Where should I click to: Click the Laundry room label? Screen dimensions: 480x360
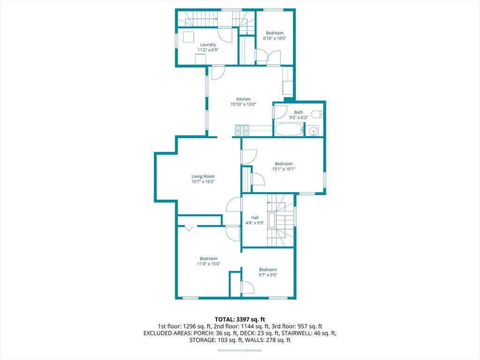coord(208,45)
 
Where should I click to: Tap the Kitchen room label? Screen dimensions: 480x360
coord(243,99)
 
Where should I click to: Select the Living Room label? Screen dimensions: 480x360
coord(203,176)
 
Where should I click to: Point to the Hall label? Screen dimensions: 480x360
coord(255,217)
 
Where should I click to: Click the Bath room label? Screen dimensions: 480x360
coord(299,112)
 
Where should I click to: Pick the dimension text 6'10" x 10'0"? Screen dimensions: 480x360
coord(275,38)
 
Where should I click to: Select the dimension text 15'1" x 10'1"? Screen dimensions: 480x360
coord(284,169)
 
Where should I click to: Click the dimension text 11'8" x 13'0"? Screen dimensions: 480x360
coord(209,264)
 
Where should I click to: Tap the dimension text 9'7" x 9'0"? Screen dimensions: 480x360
coord(268,275)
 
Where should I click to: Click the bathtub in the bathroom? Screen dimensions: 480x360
coord(289,129)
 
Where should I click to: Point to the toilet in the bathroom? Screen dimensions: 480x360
coord(317,114)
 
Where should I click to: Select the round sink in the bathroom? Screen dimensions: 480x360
coord(313,132)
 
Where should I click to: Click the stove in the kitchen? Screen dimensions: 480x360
coord(242,130)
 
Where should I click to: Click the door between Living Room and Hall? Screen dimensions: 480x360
coord(234,204)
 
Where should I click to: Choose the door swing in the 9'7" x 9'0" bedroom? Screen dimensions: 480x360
coord(247,288)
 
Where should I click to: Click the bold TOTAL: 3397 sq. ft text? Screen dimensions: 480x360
coord(240,320)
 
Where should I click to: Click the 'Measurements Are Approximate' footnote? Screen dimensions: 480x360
coord(240,350)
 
